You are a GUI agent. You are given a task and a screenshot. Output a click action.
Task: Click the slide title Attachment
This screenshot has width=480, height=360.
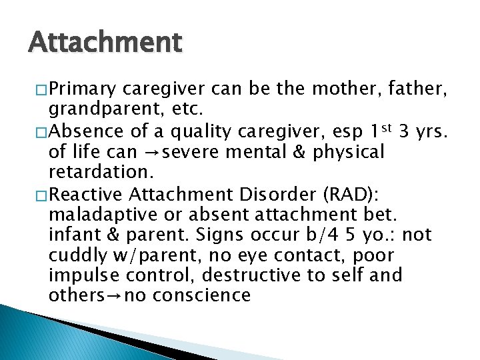pyautogui.click(x=105, y=43)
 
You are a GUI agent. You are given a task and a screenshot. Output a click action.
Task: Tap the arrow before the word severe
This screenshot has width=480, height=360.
pyautogui.click(x=151, y=152)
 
